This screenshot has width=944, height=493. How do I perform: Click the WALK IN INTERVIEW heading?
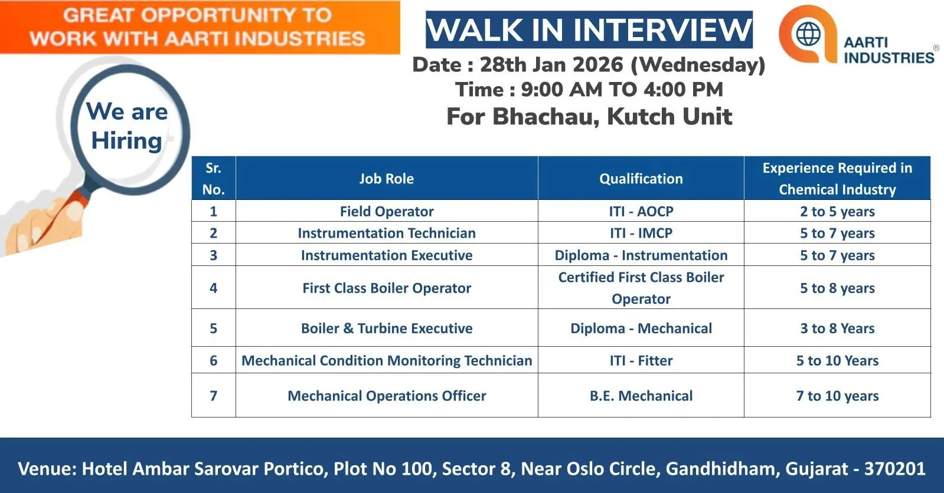pyautogui.click(x=589, y=30)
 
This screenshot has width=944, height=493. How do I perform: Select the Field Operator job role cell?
pyautogui.click(x=387, y=211)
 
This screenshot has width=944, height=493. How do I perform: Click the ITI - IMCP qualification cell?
pyautogui.click(x=641, y=233)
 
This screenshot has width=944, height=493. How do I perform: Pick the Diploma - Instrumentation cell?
pyautogui.click(x=641, y=255)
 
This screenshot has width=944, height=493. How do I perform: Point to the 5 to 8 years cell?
pyautogui.click(x=837, y=288)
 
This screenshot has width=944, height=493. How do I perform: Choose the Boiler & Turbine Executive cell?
pyautogui.click(x=387, y=328)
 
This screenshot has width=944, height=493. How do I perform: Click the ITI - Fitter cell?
pyautogui.click(x=641, y=360)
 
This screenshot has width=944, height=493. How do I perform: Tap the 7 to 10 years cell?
pyautogui.click(x=837, y=396)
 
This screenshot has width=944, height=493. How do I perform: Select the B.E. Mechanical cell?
pyautogui.click(x=641, y=396)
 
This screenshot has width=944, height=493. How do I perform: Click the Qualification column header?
pyautogui.click(x=641, y=179)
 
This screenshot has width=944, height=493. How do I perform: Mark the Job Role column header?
pyautogui.click(x=387, y=179)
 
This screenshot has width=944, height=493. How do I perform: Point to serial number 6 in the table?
pyautogui.click(x=213, y=360)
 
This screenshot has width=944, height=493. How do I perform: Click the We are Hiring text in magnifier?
pyautogui.click(x=127, y=126)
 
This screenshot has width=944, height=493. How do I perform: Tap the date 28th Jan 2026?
pyautogui.click(x=551, y=64)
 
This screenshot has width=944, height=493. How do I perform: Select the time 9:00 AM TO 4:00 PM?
pyautogui.click(x=622, y=90)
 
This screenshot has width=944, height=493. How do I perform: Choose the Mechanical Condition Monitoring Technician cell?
pyautogui.click(x=387, y=360)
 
